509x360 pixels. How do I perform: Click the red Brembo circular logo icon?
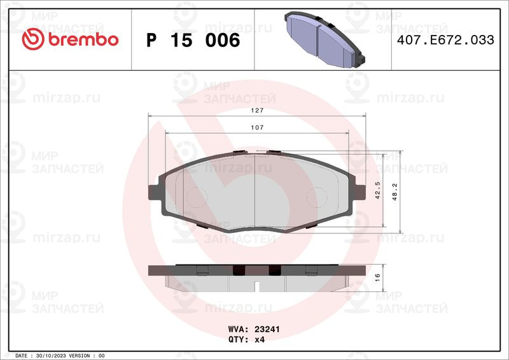point(33,39)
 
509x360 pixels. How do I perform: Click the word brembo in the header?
point(83,39)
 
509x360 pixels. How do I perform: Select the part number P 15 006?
point(193,40)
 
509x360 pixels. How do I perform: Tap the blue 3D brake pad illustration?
point(324,39)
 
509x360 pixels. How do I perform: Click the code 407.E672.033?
point(445,40)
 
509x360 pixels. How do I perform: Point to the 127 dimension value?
point(257,111)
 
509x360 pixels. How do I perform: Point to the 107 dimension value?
point(257,128)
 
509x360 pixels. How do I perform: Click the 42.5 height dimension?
point(377,190)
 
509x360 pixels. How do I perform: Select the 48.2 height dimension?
point(394,192)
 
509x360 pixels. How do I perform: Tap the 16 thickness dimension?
point(377,277)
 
